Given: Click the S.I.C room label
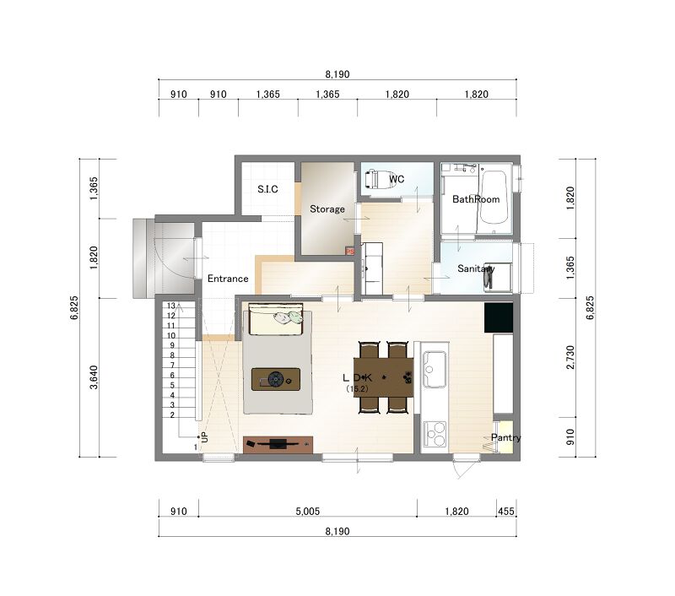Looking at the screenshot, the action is pyautogui.click(x=267, y=189).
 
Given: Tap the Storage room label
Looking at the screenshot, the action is pyautogui.click(x=327, y=209).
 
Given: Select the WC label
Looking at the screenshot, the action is pyautogui.click(x=397, y=179).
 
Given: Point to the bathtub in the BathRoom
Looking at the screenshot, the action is pyautogui.click(x=494, y=198).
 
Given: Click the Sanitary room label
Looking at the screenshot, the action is pyautogui.click(x=476, y=268).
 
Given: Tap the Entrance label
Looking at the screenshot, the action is pyautogui.click(x=228, y=279).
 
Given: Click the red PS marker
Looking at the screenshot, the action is pyautogui.click(x=349, y=251).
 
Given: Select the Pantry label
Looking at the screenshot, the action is pyautogui.click(x=505, y=437).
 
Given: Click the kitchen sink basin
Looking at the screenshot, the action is pyautogui.click(x=435, y=369).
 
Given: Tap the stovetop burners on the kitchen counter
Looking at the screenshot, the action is pyautogui.click(x=435, y=434).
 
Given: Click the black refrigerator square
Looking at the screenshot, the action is pyautogui.click(x=499, y=317).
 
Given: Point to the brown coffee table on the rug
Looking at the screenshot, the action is pyautogui.click(x=276, y=379).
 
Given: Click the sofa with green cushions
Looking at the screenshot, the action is pyautogui.click(x=276, y=319).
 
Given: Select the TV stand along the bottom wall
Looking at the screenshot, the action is pyautogui.click(x=278, y=444).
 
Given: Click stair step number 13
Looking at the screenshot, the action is pyautogui.click(x=171, y=306).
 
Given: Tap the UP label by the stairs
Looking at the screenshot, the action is pyautogui.click(x=204, y=436).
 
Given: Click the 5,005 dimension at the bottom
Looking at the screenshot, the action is pyautogui.click(x=308, y=512).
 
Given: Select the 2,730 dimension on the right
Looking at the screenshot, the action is pyautogui.click(x=570, y=357).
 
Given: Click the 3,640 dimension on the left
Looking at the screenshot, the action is pyautogui.click(x=94, y=377).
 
